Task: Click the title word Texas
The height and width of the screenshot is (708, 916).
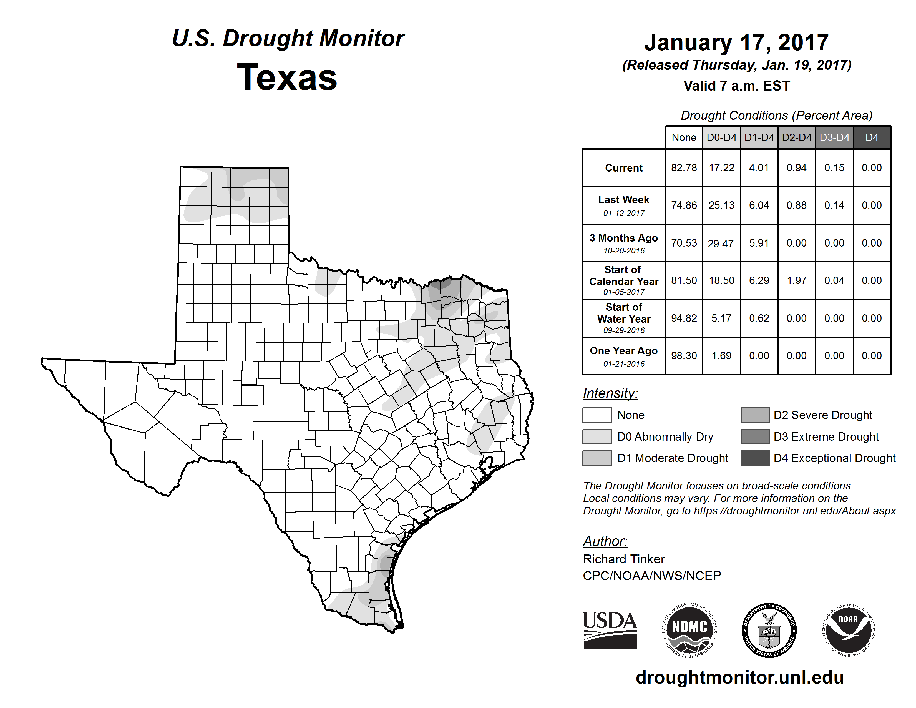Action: (287, 77)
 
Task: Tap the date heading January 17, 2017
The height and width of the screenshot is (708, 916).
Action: (736, 42)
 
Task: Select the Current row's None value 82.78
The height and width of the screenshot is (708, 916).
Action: (684, 168)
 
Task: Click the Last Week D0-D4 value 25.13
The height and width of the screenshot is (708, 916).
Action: (721, 205)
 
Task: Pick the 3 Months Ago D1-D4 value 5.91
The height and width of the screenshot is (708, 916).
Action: (759, 243)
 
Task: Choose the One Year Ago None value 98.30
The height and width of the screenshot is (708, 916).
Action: (684, 356)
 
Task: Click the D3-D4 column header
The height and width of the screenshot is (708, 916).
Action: (834, 137)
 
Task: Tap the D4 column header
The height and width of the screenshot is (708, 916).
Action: (872, 137)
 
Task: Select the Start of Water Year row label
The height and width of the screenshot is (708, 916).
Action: (624, 318)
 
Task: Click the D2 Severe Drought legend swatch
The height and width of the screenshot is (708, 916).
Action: (755, 415)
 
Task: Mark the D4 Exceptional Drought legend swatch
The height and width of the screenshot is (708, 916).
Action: (755, 458)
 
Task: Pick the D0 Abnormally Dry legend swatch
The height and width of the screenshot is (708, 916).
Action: (597, 437)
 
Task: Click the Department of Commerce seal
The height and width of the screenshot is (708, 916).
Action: (769, 630)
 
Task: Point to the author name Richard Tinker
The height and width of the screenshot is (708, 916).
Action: (624, 559)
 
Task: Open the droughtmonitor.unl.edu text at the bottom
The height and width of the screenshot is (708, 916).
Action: (739, 677)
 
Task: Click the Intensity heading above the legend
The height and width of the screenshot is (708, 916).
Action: (610, 393)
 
